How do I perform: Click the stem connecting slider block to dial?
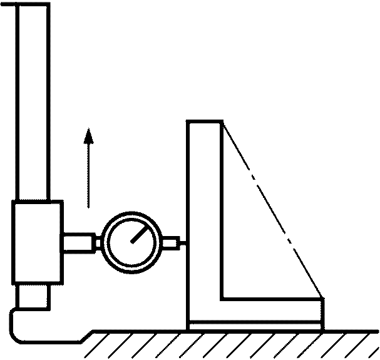77,242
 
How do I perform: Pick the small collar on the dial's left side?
98,242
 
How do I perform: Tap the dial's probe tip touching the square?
183,242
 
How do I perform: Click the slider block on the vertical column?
37,242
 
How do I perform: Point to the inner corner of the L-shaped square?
223,298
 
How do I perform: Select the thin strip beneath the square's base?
255,326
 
